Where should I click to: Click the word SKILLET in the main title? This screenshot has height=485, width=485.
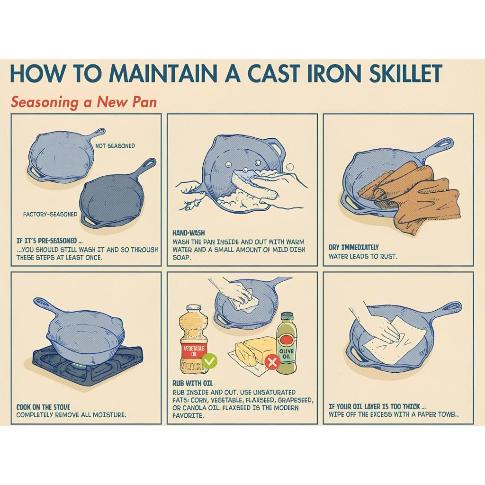point(405,73)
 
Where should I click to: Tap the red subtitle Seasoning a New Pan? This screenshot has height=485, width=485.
point(84,102)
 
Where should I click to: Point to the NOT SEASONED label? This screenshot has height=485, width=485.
point(115,146)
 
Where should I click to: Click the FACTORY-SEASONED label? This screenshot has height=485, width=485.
point(50,214)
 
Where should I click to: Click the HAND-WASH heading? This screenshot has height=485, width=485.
point(189,233)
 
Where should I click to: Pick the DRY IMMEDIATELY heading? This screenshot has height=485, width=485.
point(353,247)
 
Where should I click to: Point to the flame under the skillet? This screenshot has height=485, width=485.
point(76,367)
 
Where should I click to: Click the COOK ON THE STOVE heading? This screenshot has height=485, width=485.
point(43,407)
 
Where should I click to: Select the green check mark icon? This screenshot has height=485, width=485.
point(209,361)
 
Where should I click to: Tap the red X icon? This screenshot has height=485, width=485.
point(272,362)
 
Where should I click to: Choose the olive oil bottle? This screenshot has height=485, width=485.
point(286,343)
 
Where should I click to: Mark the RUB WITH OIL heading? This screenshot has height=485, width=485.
point(192,384)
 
